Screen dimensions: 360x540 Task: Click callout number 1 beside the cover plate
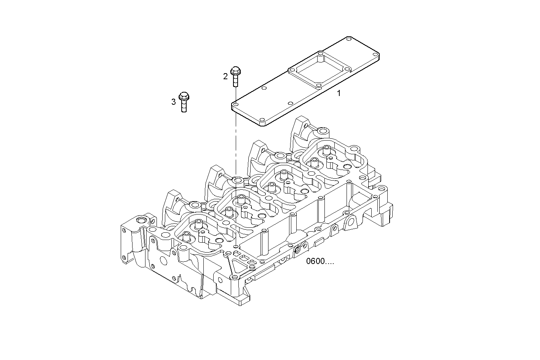pos(339,93)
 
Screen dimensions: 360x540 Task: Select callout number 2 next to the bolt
pos(225,76)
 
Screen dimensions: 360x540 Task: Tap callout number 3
pos(174,102)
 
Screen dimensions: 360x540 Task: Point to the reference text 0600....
pos(320,262)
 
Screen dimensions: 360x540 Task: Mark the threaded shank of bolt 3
pos(184,106)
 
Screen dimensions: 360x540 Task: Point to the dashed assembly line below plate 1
pos(236,145)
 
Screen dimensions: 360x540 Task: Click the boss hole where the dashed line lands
pos(238,179)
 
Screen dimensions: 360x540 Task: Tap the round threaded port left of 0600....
pos(297,250)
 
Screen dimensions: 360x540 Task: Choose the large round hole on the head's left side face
pos(163,261)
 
